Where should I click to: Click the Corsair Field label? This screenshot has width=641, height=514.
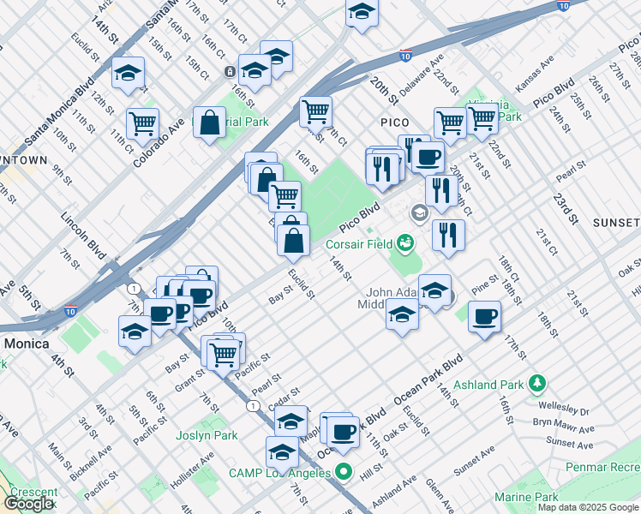pyautogui.click(x=356, y=244)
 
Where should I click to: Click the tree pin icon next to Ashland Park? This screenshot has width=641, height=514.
pyautogui.click(x=537, y=382)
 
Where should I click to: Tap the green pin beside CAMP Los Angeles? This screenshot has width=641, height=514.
pyautogui.click(x=344, y=472)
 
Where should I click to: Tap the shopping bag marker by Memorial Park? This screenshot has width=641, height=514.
pyautogui.click(x=210, y=123)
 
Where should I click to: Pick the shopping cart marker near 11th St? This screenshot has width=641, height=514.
pyautogui.click(x=142, y=123)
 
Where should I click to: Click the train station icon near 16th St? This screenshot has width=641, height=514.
pyautogui.click(x=230, y=71)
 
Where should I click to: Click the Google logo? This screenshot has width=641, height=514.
pyautogui.click(x=29, y=504)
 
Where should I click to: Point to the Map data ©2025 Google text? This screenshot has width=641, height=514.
pyautogui.click(x=588, y=507)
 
